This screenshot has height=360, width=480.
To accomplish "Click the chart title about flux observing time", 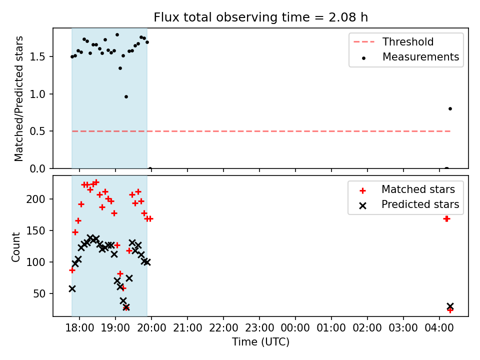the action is (x=260, y=17).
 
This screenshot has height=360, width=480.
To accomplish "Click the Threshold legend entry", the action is (x=393, y=41).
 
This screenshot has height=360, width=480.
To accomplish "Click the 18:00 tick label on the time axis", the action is (x=79, y=328).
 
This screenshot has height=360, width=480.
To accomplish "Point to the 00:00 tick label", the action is (x=295, y=328).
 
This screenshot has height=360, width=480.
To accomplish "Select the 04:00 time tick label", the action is (x=439, y=328).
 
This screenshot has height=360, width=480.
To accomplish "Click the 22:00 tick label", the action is (x=223, y=328).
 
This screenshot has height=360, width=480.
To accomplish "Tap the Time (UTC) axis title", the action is (x=260, y=342).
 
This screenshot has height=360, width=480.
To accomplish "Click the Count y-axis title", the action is (x=16, y=247).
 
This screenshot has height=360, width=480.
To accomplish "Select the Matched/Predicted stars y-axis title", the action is (x=18, y=98).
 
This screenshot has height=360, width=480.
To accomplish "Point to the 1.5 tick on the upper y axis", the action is (x=37, y=57).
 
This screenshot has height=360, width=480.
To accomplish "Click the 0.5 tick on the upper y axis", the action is (x=37, y=131).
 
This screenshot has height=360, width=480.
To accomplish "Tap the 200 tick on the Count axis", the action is (x=36, y=199).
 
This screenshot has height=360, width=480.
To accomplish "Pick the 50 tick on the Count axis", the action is (x=39, y=294).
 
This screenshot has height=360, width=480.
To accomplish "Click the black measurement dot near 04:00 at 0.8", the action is (x=450, y=108).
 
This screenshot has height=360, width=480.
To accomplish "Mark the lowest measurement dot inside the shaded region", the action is (x=126, y=96).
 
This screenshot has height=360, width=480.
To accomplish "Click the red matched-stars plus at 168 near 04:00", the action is (x=446, y=219).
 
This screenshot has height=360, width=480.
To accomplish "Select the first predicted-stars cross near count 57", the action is (x=72, y=288).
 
